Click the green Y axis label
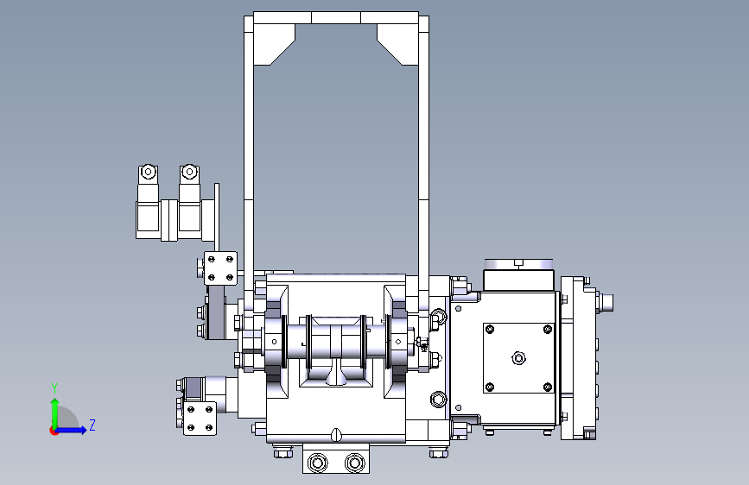[54, 387]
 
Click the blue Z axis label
[92, 425]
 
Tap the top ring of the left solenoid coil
[148, 172]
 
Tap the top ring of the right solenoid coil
[190, 172]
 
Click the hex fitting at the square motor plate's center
[518, 357]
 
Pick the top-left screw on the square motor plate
[490, 330]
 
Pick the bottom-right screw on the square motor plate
[548, 387]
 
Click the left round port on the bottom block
[318, 463]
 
